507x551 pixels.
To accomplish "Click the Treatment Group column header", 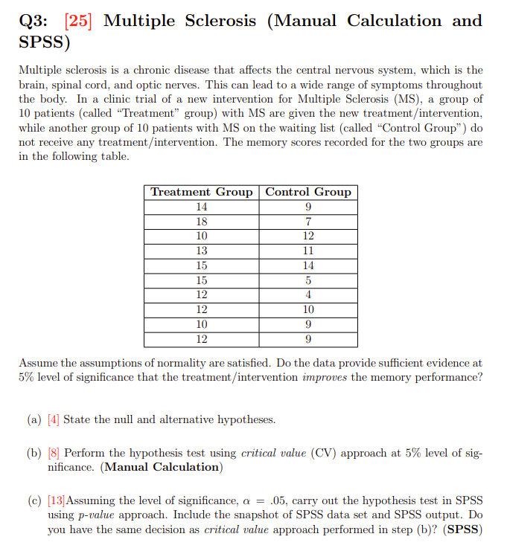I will [x=202, y=192].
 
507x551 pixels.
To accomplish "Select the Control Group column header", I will [x=308, y=192].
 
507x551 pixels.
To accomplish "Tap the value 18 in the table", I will [x=202, y=222].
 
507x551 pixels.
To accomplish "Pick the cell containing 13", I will [x=202, y=251].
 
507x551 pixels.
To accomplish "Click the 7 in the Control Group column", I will [x=308, y=222].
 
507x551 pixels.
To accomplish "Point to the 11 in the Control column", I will [x=308, y=251].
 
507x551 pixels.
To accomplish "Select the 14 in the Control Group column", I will [x=308, y=265].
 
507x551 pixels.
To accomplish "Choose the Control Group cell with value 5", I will [x=308, y=280].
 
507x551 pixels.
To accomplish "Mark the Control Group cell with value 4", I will [x=308, y=294].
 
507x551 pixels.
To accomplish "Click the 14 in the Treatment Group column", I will [x=202, y=207].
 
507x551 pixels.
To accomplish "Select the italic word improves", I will [x=325, y=377].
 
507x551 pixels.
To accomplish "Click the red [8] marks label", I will [x=54, y=452].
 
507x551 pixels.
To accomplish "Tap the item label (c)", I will [x=34, y=500].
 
